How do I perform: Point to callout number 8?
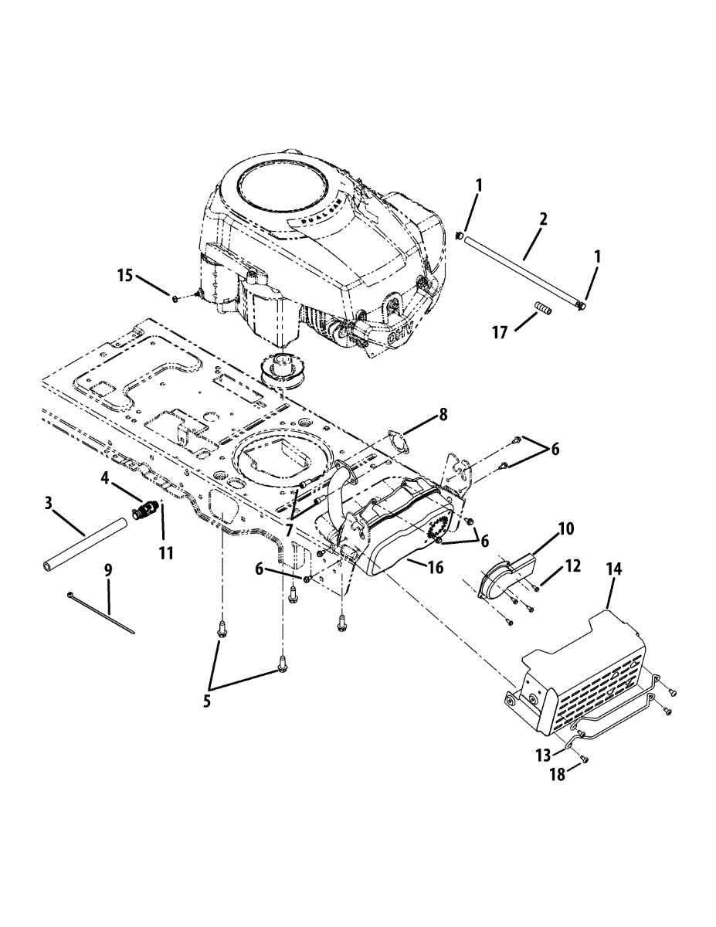point(443,414)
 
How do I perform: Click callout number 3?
point(49,504)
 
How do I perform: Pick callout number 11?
point(163,553)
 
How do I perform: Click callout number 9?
point(108,569)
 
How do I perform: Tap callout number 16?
point(436,568)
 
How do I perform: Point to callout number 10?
point(566,529)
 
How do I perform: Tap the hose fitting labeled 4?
point(146,511)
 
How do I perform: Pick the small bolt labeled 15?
point(177,298)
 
